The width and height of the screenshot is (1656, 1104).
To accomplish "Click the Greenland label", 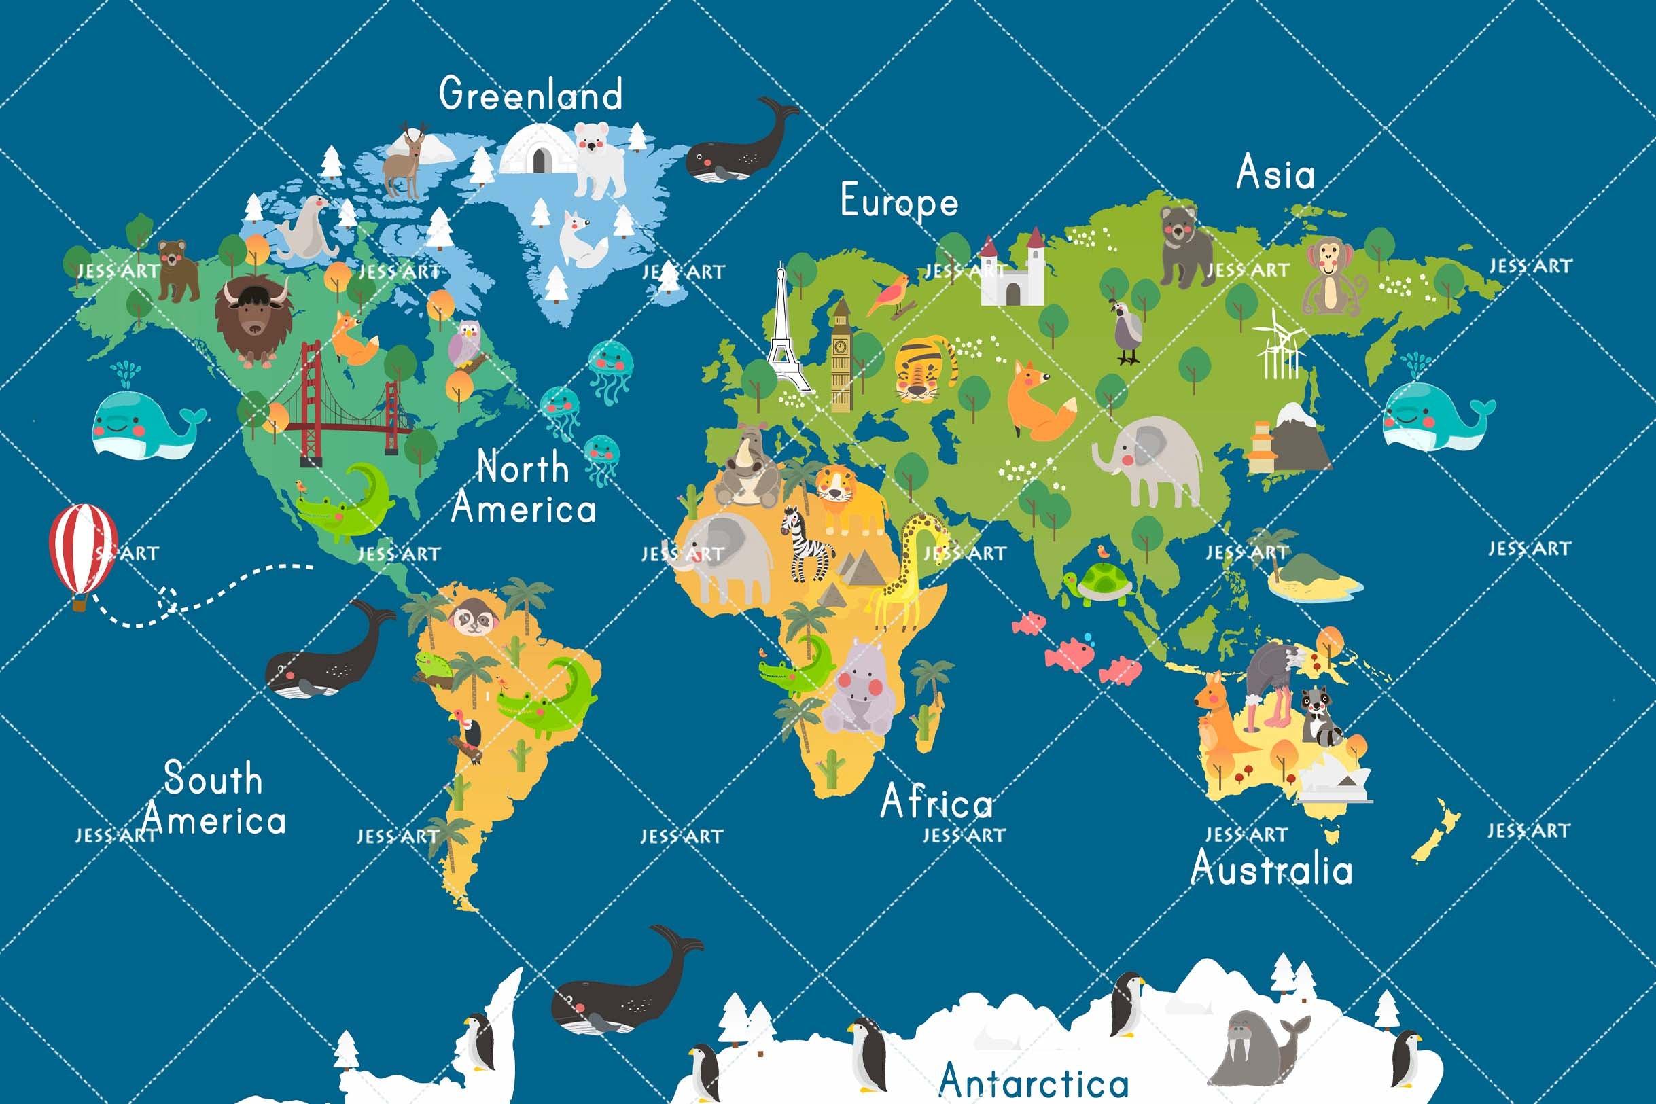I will tap(531, 94).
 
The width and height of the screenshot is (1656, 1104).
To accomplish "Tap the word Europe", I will tap(899, 201).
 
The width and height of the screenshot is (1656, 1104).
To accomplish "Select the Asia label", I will tap(1275, 173).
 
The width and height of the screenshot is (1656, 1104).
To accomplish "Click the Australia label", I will tap(1271, 868).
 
